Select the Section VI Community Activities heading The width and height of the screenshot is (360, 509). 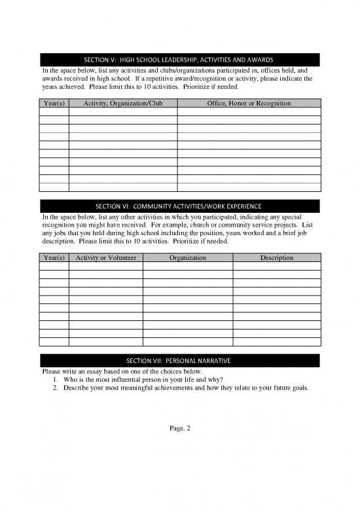pos(180,206)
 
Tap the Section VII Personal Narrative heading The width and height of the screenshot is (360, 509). pos(180,361)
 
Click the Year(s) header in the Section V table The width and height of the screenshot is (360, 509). pos(54,103)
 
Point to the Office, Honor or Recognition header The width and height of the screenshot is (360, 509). pos(249,103)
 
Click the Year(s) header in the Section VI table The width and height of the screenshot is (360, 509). pos(54,258)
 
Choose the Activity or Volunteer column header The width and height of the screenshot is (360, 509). pos(106,258)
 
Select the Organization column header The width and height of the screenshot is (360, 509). pos(188,258)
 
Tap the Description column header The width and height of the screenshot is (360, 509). pos(277,258)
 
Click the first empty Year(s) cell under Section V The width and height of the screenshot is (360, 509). pos(54,111)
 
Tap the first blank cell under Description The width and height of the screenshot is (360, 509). pos(277,267)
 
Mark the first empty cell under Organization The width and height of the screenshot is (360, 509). pos(188,267)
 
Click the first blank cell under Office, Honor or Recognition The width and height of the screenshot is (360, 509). pos(249,111)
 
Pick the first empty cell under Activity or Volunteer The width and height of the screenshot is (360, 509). pos(106,267)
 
